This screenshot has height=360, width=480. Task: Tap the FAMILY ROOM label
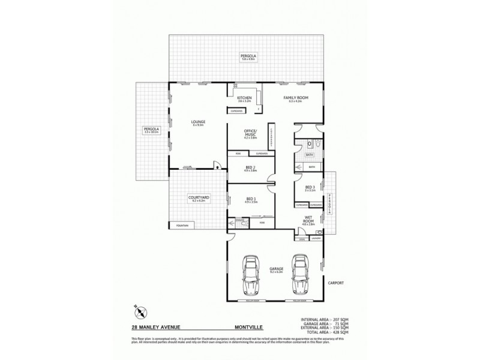(296, 97)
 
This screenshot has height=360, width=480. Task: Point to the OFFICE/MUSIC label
(250, 132)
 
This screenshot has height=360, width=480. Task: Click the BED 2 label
(251, 168)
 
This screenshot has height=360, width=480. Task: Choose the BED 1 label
(251, 199)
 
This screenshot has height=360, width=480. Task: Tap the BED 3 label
(310, 187)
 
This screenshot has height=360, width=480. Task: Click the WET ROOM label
(310, 219)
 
